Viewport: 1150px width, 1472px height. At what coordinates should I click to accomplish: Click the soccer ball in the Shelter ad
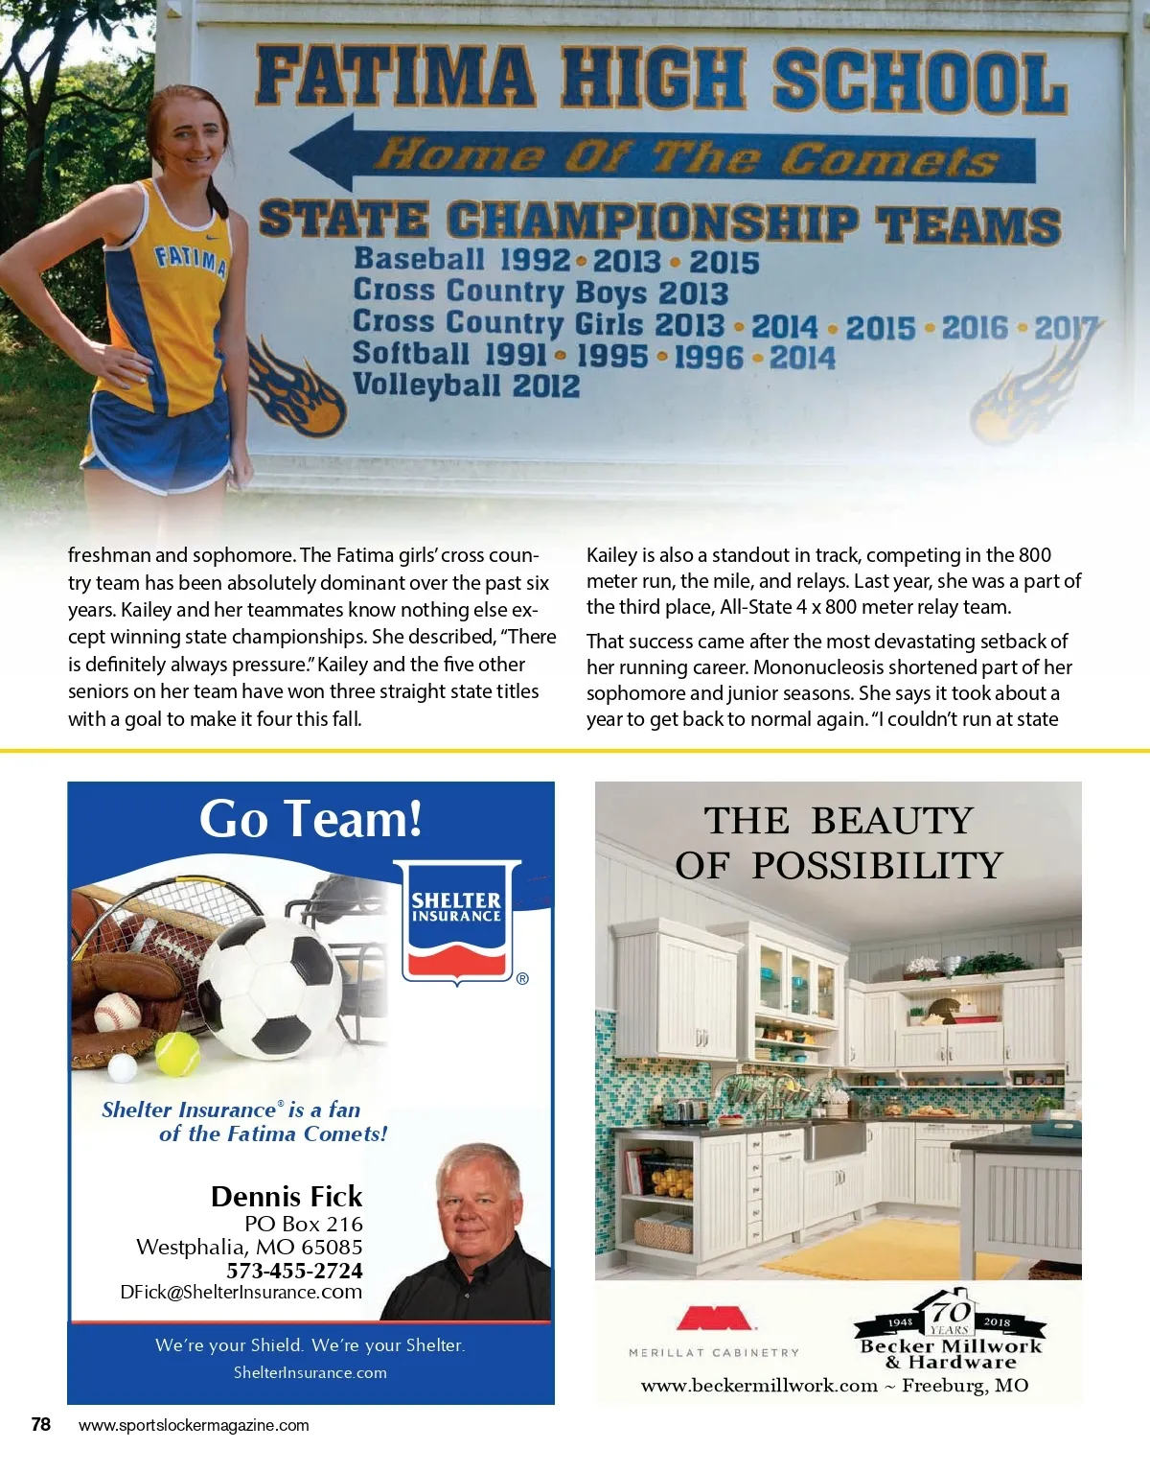click(x=270, y=988)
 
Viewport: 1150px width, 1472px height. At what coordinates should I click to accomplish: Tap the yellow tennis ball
click(x=177, y=1054)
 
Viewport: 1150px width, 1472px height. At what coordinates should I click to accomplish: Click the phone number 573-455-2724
click(x=294, y=1271)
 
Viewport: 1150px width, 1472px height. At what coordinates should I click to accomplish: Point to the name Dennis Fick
click(x=287, y=1197)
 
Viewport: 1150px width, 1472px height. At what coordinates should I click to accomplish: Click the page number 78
click(x=40, y=1424)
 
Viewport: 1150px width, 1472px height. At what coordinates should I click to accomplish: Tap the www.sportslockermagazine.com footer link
click(x=194, y=1425)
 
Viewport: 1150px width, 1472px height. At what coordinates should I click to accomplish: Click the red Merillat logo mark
click(x=715, y=1319)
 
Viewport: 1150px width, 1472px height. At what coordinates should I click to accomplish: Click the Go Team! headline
click(x=310, y=820)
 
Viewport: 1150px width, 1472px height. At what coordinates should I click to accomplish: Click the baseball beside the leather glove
click(x=118, y=1010)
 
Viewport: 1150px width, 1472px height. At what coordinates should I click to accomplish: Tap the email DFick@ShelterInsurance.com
click(x=241, y=1293)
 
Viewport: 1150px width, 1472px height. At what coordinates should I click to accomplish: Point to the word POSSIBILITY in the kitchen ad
click(x=877, y=866)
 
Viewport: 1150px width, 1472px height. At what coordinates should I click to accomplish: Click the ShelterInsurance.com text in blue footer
click(x=310, y=1372)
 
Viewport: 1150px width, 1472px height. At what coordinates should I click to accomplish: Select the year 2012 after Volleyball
click(x=545, y=386)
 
